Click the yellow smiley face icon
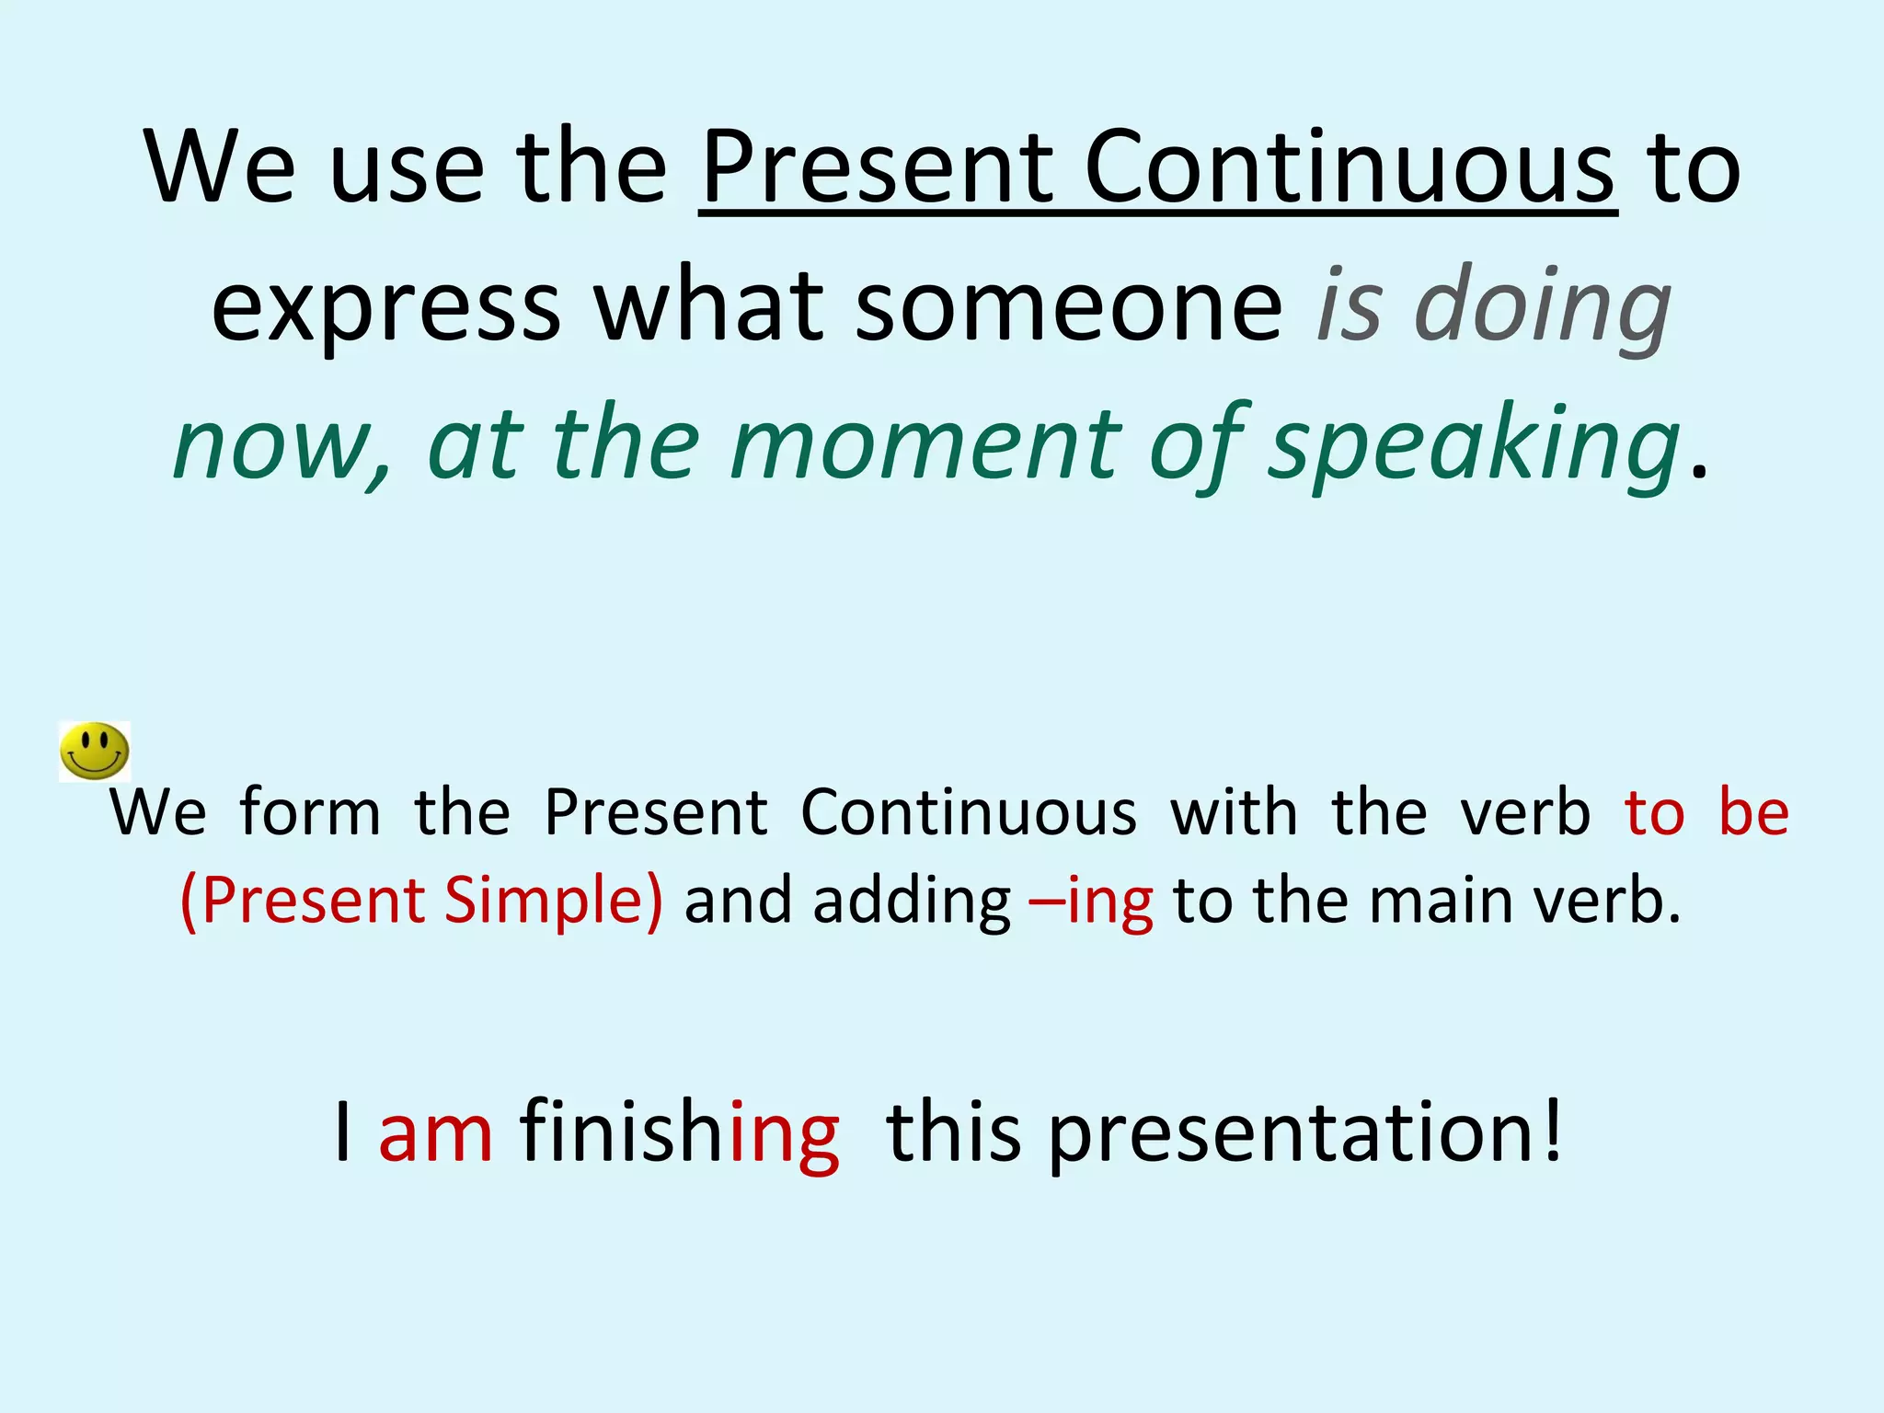coord(94,752)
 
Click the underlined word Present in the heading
coord(876,167)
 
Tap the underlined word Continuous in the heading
coord(1349,167)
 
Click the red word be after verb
coord(1753,812)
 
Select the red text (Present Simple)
coord(421,902)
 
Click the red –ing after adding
coord(1092,902)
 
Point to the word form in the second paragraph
coord(310,812)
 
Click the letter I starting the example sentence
coord(343,1132)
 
